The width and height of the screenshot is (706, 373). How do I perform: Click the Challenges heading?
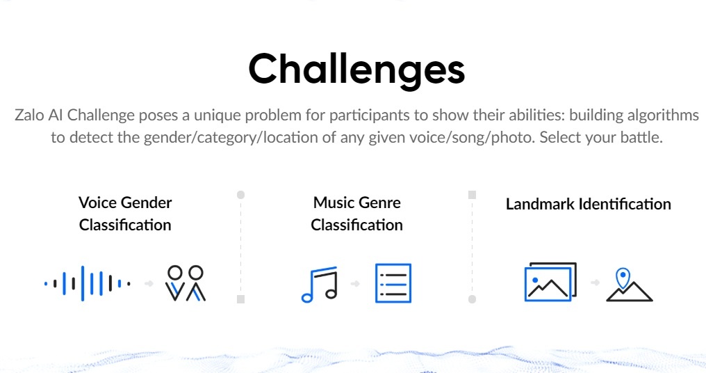pyautogui.click(x=356, y=70)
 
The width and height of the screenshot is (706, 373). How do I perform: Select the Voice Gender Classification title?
pyautogui.click(x=125, y=214)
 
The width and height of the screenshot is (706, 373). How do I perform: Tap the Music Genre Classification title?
pyautogui.click(x=356, y=214)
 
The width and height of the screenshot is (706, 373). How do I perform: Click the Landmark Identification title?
pyautogui.click(x=589, y=204)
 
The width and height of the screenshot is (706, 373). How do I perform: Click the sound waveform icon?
pyautogui.click(x=88, y=284)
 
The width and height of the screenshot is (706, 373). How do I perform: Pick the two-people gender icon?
pyautogui.click(x=186, y=283)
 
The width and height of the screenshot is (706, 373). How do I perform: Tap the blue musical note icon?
pyautogui.click(x=320, y=284)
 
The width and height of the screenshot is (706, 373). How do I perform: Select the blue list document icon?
pyautogui.click(x=393, y=283)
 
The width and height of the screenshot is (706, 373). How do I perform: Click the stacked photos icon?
pyautogui.click(x=550, y=282)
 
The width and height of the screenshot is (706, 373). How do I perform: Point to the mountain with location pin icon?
pyautogui.click(x=630, y=285)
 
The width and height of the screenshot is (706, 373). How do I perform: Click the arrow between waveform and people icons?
pyautogui.click(x=149, y=284)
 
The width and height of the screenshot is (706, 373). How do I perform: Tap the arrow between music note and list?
pyautogui.click(x=356, y=284)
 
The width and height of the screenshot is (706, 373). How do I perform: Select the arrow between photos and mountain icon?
pyautogui.click(x=596, y=283)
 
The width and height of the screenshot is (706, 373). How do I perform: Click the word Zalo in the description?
pyautogui.click(x=29, y=115)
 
